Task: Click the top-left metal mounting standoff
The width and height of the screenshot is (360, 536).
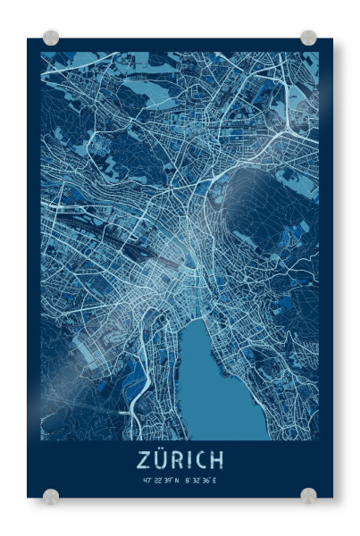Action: tap(51, 38)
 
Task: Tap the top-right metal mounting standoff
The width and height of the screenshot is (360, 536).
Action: tap(308, 38)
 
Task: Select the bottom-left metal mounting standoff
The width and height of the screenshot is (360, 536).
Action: tap(51, 495)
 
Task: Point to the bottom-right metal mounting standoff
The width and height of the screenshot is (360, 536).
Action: tap(308, 495)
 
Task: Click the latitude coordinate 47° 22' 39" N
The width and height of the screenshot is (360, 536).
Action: tap(161, 480)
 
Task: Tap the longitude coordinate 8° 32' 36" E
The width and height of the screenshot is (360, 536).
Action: tap(201, 480)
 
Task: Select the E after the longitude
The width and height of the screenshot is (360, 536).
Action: tap(214, 480)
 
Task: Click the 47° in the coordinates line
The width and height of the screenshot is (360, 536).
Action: tap(147, 480)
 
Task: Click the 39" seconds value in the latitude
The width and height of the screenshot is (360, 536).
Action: tap(167, 480)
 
